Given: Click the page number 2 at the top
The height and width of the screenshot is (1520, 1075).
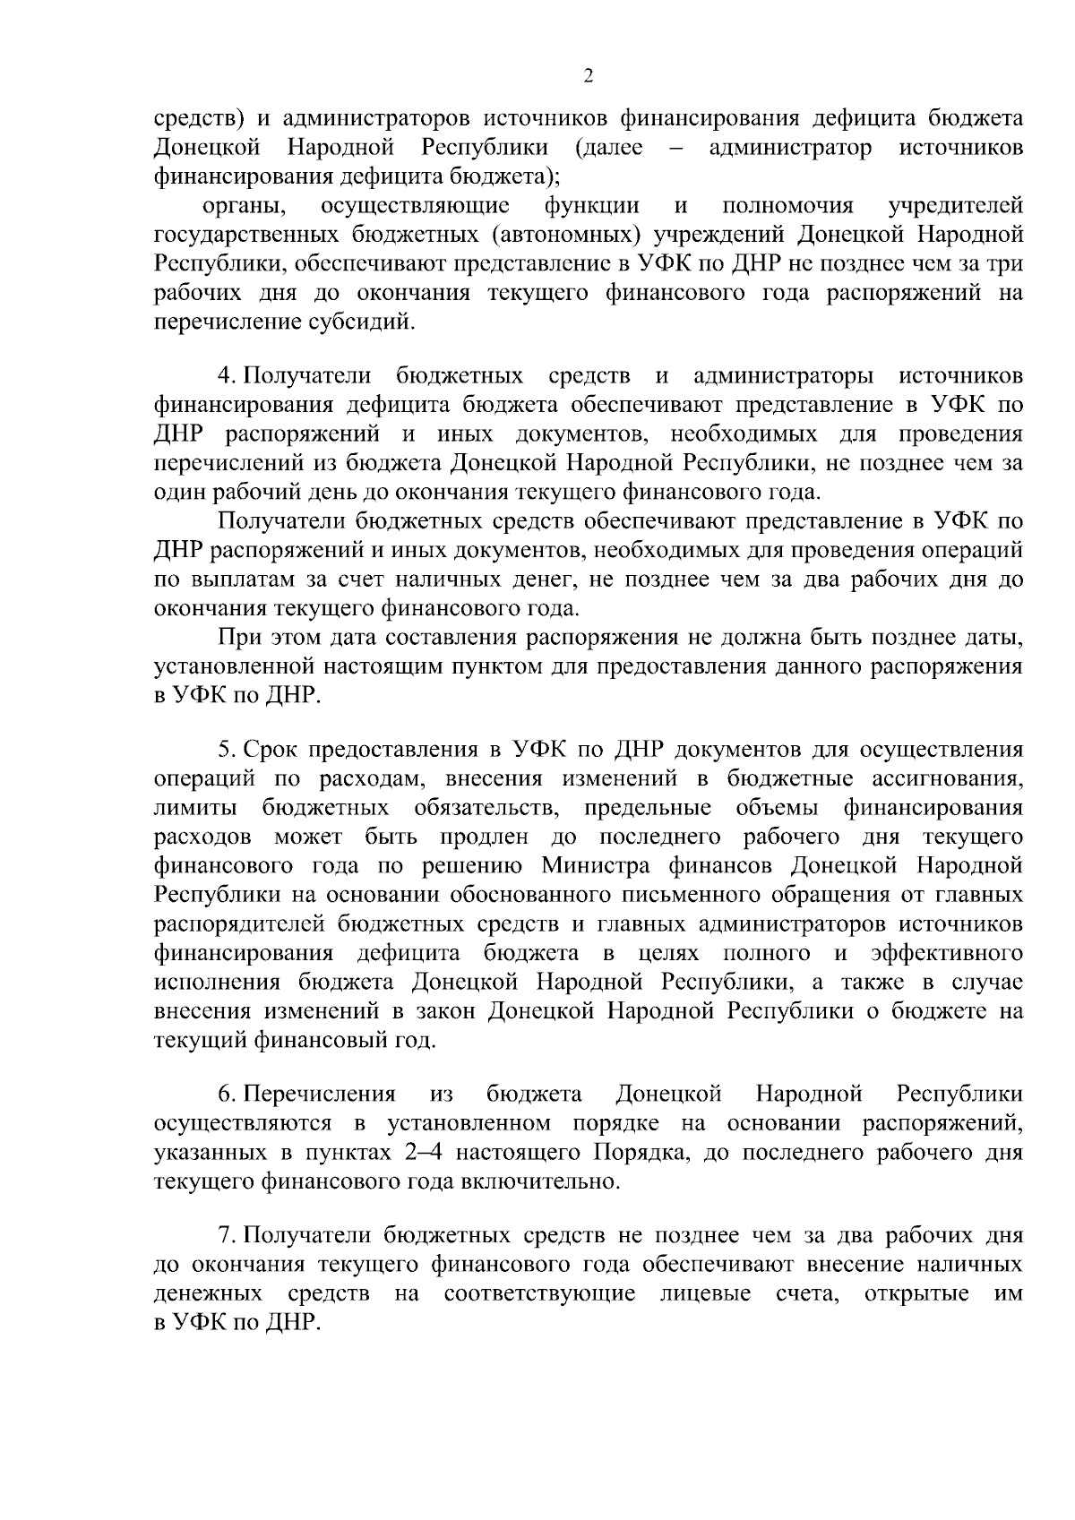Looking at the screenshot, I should [x=589, y=76].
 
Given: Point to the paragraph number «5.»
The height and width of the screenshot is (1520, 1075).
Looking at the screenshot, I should [x=228, y=749].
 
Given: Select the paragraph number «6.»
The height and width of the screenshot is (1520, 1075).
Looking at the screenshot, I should [x=228, y=1094].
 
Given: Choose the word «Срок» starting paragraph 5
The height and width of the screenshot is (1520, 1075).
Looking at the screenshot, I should [x=271, y=749].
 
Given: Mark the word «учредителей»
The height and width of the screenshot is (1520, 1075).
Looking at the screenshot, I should [x=955, y=206].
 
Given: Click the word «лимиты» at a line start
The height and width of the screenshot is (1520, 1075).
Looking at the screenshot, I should [x=195, y=808].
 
